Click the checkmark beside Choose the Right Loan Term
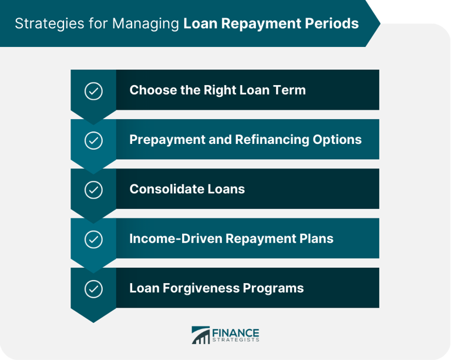coord(93,91)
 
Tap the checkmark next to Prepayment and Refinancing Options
coord(93,140)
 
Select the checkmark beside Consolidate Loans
coord(93,190)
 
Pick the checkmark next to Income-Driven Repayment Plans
coord(93,239)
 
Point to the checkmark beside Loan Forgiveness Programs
coord(93,288)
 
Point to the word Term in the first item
coord(291,90)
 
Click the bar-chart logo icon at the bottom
coord(201,335)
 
